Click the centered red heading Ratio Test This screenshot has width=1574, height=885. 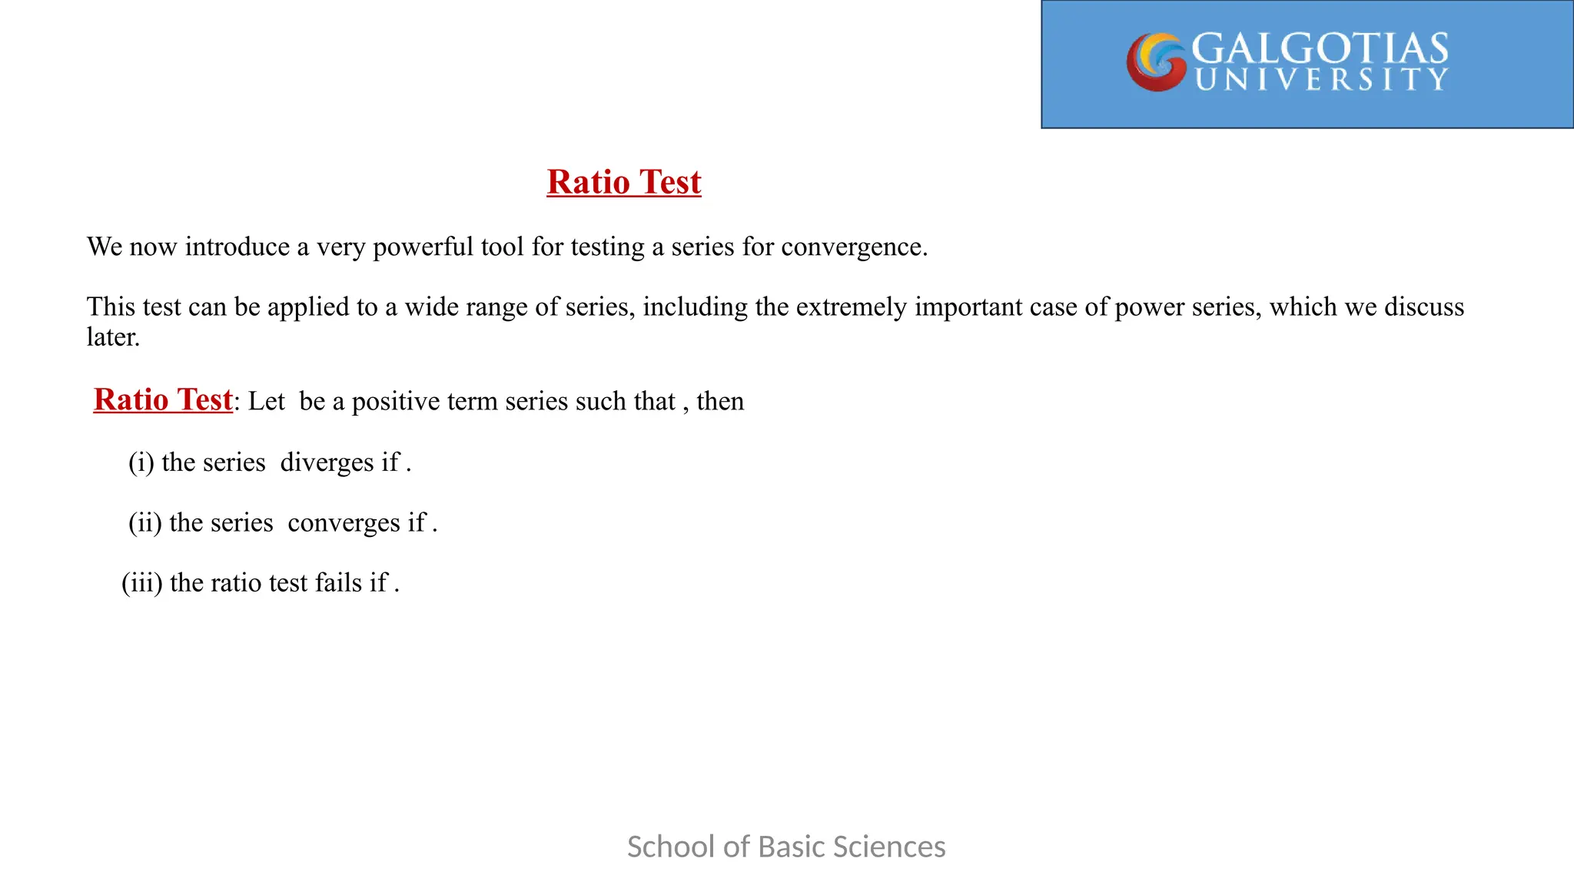623,182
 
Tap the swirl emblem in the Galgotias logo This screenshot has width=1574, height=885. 1156,61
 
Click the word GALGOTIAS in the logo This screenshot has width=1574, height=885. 1320,48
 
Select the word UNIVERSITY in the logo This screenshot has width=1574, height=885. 1321,80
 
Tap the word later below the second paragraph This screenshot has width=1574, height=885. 112,337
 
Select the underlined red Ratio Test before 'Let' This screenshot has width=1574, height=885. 163,400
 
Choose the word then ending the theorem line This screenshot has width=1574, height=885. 720,402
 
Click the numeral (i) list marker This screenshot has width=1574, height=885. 141,462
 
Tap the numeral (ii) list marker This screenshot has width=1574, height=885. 145,523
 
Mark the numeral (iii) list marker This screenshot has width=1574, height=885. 142,583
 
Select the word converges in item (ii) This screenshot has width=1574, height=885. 344,523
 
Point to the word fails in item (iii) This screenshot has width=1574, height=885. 338,583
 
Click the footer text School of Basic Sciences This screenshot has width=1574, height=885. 786,847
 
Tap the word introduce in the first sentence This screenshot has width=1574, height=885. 237,247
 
